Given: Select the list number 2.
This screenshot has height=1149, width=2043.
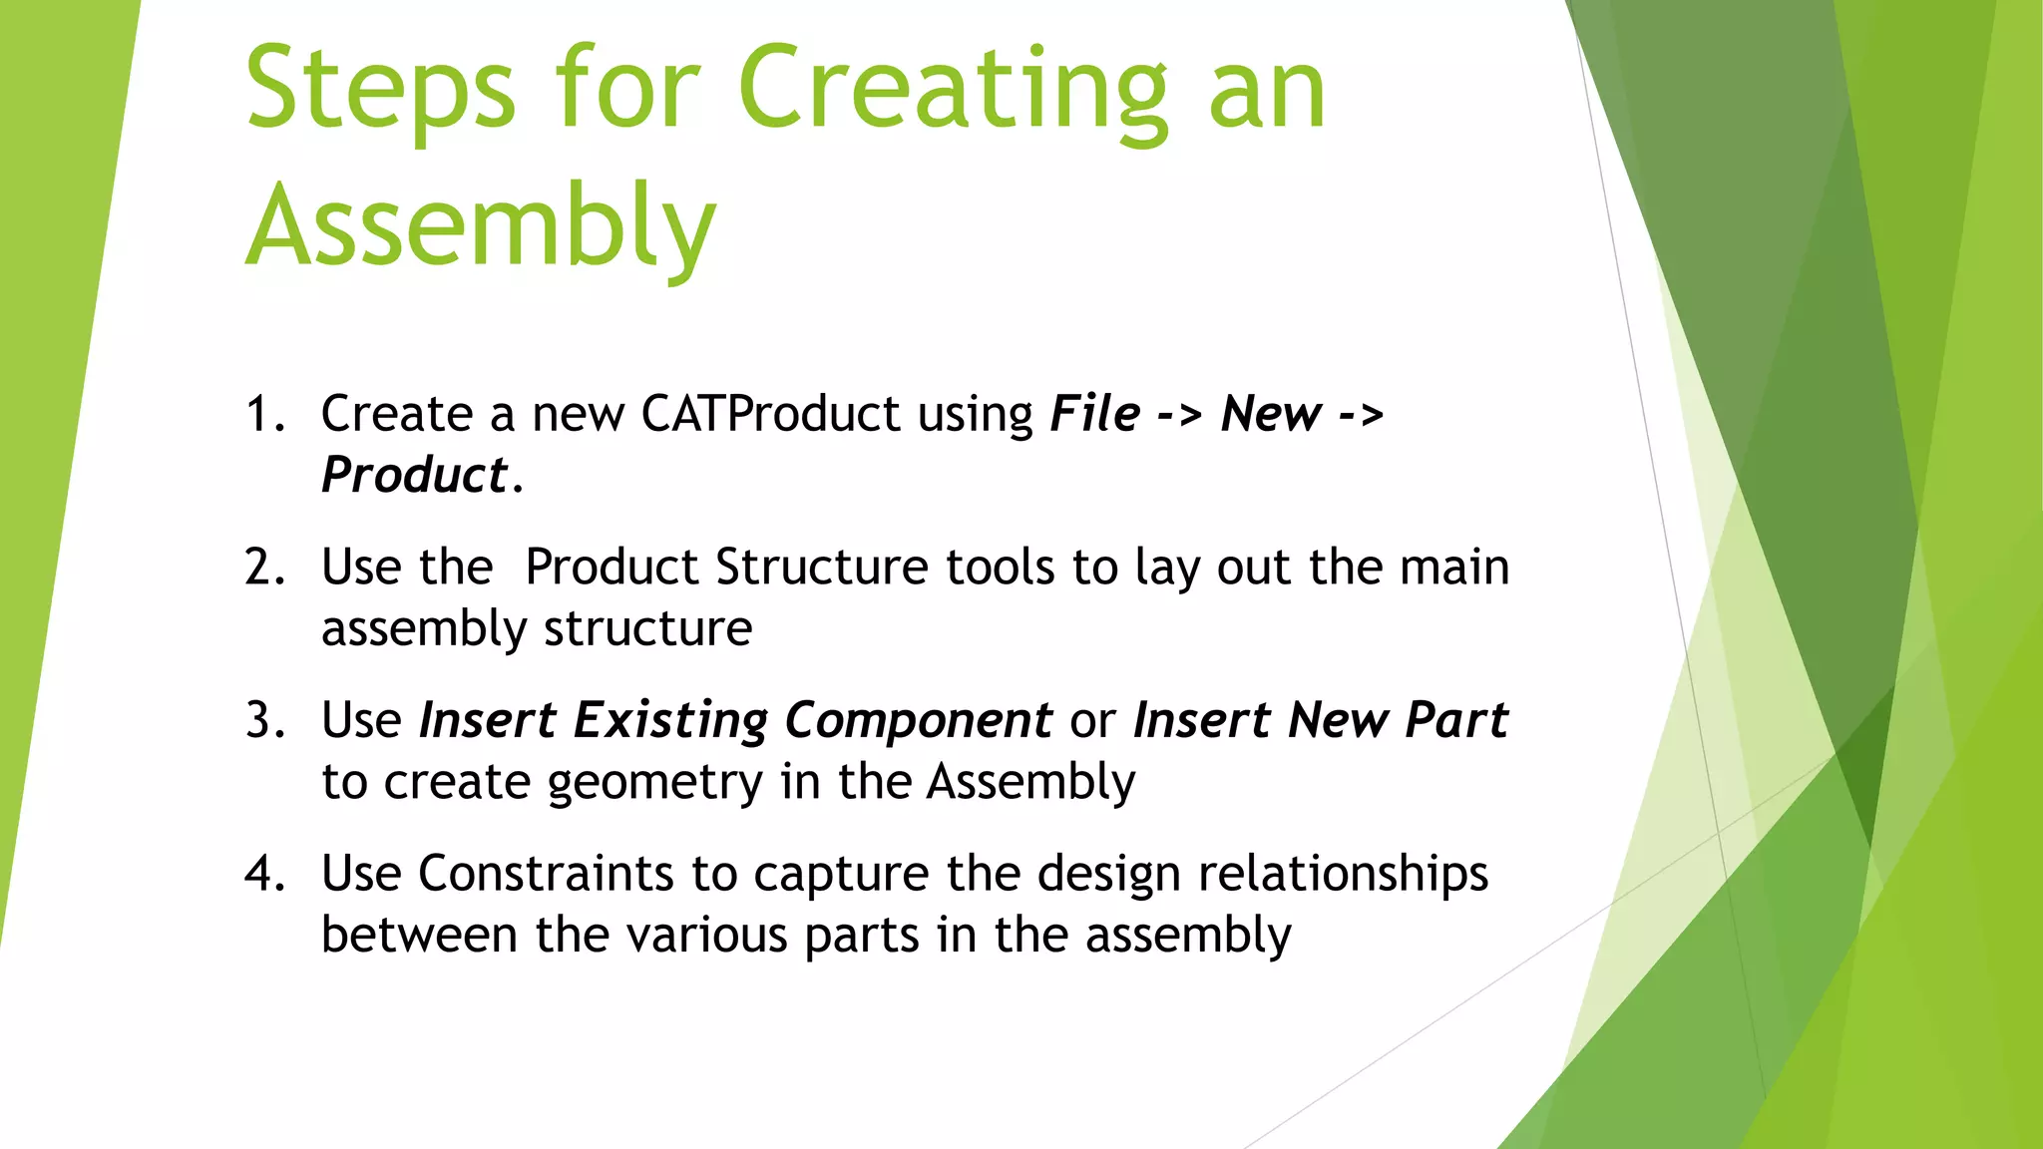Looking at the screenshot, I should (261, 568).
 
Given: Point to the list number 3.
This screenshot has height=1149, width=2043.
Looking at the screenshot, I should (261, 720).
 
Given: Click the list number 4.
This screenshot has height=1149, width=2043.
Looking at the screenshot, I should (261, 874).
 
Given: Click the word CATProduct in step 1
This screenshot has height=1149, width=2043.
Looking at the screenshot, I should (770, 414).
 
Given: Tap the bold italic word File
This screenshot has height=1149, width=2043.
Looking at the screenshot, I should (1094, 414).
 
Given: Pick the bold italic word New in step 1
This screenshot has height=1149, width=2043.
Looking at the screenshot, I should (1271, 414).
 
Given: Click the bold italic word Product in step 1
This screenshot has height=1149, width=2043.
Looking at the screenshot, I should (415, 476).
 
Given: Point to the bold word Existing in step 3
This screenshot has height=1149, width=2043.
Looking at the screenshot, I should (670, 720).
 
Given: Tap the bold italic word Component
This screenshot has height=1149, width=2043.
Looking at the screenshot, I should (918, 720).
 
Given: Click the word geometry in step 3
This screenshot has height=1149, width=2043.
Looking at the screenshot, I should (655, 782).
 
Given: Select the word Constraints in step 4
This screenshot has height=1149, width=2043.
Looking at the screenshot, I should (546, 874).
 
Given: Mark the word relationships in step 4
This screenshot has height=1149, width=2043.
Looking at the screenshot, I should (1343, 874).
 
